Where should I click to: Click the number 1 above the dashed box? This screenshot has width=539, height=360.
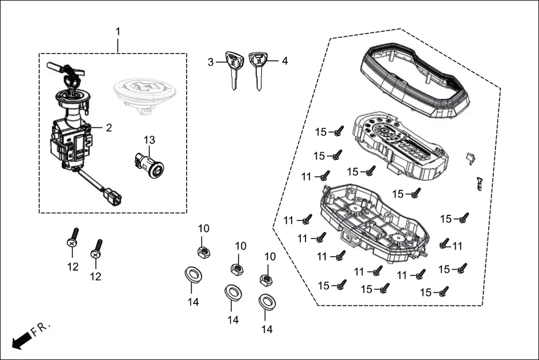pos(118,31)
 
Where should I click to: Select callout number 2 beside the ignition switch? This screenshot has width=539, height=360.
pos(108,128)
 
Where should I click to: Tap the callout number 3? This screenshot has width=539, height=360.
pos(211,62)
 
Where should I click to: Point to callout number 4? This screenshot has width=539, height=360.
pos(284,61)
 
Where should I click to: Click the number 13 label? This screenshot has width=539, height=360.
pos(149,140)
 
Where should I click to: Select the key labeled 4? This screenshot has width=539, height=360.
pos(257,69)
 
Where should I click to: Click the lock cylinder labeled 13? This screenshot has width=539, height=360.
pos(149,165)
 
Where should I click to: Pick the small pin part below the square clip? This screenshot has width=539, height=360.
pos(480,183)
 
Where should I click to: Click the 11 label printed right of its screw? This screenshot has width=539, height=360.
pos(457,246)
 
